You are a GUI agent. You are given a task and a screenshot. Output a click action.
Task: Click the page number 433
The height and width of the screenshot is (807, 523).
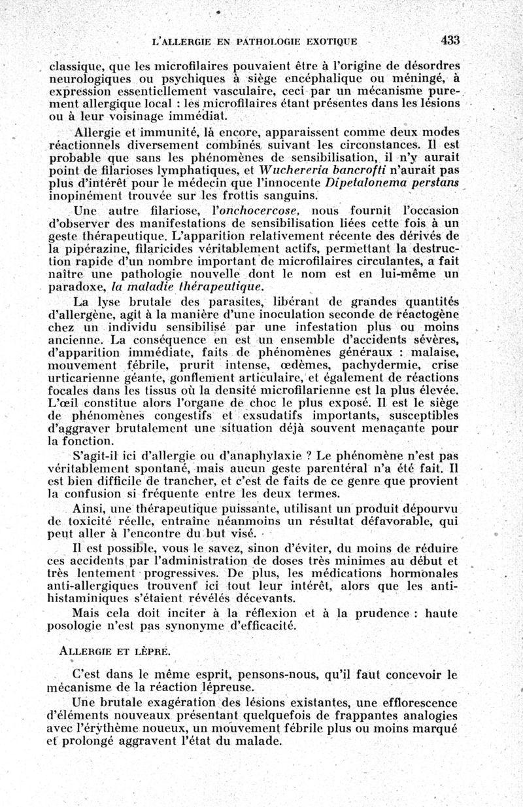450,40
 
